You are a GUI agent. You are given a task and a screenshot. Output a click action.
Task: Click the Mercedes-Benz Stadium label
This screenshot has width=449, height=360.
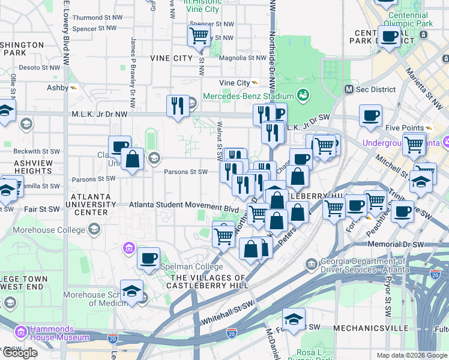[248, 96]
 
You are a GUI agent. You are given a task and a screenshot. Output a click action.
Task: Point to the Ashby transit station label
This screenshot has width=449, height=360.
[58, 88]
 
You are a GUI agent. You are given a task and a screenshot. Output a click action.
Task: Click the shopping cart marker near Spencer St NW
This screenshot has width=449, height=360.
[199, 35]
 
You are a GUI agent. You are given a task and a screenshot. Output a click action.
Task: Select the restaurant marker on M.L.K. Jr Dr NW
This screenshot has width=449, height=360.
[178, 107]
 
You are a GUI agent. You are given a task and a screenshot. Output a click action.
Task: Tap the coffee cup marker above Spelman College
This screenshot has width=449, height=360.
[148, 259]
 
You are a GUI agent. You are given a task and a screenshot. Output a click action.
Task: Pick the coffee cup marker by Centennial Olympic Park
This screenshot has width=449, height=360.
[389, 37]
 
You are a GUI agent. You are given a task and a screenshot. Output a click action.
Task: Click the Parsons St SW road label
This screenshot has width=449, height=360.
[185, 172]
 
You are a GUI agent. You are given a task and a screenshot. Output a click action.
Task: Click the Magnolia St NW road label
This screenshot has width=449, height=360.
[243, 58]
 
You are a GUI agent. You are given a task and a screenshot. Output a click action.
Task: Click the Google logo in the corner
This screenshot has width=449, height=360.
[20, 353]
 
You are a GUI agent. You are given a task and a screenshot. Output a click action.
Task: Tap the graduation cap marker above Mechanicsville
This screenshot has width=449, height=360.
[294, 320]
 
